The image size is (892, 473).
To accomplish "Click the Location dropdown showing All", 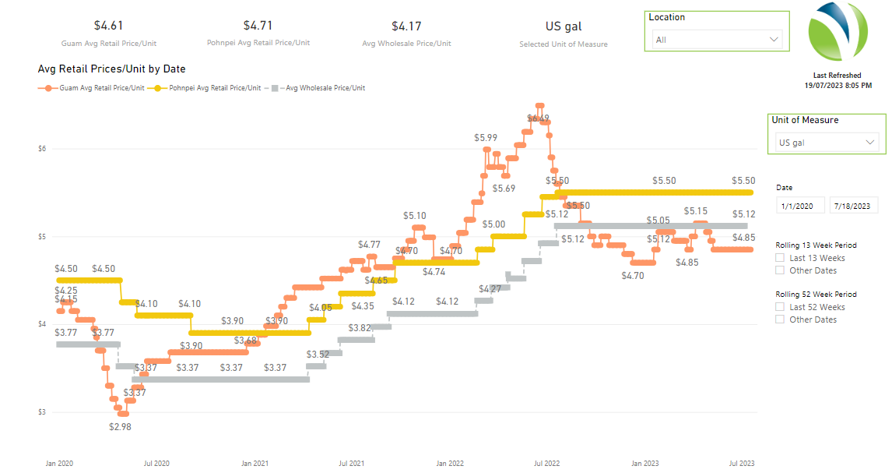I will (717, 39).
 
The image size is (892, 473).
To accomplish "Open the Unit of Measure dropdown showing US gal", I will (827, 143).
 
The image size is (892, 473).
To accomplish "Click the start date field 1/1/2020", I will (800, 206).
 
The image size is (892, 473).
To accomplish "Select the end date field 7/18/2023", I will (854, 206).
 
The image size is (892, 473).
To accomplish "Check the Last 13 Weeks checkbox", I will (781, 258).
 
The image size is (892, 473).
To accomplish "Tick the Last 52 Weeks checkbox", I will (781, 307).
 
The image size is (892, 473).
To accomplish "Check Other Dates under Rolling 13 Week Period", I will (781, 270).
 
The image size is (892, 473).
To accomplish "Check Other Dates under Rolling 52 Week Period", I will (781, 319).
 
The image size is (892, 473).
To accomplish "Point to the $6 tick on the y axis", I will (42, 149).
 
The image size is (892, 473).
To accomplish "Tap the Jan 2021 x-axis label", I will (255, 464).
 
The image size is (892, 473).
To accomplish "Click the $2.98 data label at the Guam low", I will (120, 426).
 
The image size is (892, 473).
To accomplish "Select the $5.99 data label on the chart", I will (486, 138).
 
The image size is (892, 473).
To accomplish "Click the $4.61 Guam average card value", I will (108, 26).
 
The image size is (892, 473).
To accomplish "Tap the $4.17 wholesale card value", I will (406, 26).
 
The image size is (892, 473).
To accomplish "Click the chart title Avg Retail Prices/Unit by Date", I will (111, 69).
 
